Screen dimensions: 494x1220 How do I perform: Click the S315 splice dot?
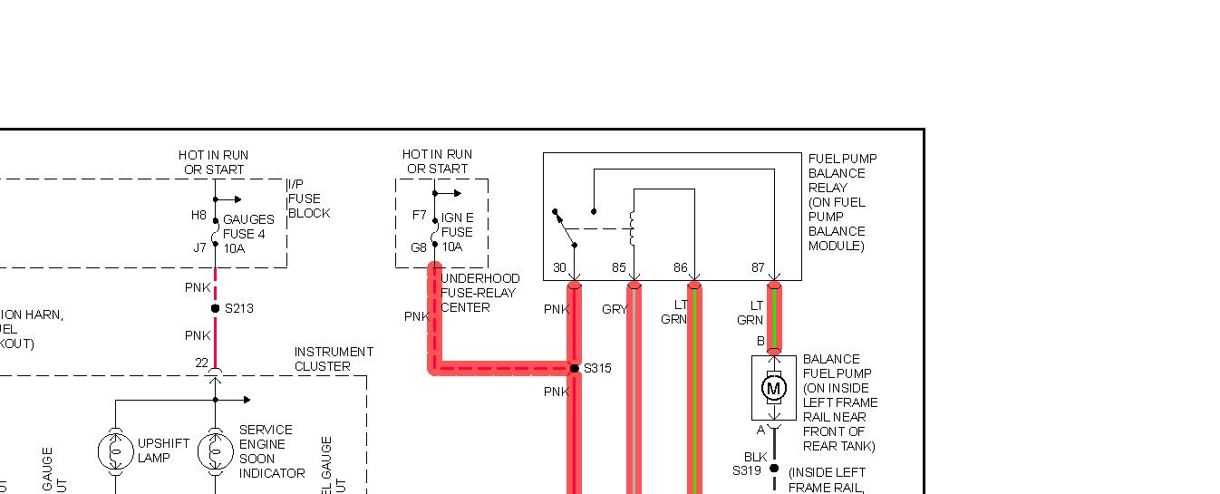574,368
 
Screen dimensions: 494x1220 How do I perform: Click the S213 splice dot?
215,308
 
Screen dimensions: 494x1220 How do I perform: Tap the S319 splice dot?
774,469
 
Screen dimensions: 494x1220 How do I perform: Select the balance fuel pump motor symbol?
774,389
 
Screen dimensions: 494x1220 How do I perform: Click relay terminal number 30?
560,268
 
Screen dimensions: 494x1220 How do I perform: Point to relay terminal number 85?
618,268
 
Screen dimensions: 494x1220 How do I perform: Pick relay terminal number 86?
681,268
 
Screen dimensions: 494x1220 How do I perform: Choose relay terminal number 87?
758,268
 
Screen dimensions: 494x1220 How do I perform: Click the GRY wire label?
614,310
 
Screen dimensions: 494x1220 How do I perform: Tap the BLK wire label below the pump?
756,457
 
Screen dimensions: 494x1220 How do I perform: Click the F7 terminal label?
419,216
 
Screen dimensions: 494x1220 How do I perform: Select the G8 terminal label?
419,247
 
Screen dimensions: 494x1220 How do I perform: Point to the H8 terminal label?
198,216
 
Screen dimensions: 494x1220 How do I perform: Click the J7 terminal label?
198,247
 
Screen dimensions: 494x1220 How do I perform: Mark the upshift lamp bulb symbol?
115,450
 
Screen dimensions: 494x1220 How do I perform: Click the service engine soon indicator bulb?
215,450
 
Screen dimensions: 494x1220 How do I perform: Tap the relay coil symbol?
634,228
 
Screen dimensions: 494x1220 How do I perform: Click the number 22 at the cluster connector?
201,363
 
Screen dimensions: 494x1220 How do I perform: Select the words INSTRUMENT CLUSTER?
334,359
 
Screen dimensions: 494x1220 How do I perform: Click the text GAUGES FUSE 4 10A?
248,234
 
